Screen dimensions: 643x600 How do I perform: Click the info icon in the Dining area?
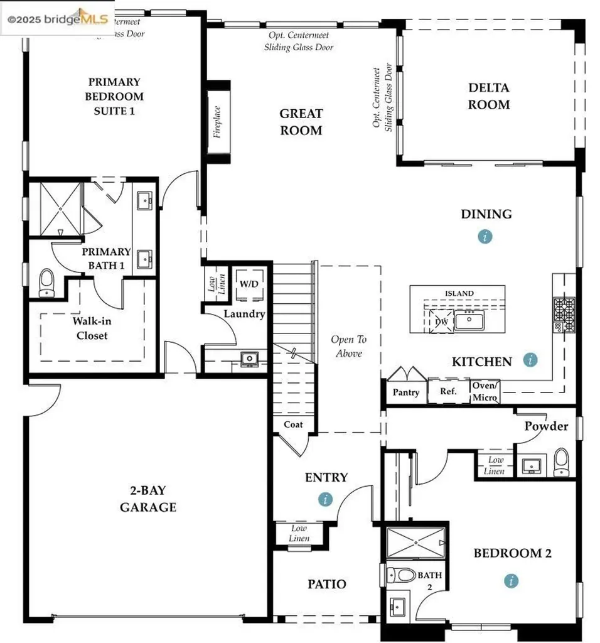click(485, 237)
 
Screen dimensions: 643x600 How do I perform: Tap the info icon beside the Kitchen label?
click(530, 360)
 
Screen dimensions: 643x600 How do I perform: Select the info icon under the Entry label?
click(325, 499)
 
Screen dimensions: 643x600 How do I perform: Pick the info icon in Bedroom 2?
click(512, 581)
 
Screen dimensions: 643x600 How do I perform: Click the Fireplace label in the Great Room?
click(217, 122)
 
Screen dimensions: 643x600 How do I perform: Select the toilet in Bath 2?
click(400, 575)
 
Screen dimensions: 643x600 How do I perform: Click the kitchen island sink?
click(469, 321)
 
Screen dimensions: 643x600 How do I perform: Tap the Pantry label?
click(406, 392)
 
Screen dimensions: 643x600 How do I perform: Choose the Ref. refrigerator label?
click(448, 391)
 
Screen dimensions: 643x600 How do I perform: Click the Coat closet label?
click(293, 424)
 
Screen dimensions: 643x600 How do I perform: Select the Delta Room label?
click(488, 96)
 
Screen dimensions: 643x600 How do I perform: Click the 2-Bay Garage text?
click(148, 499)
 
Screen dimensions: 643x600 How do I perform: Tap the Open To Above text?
click(348, 346)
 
